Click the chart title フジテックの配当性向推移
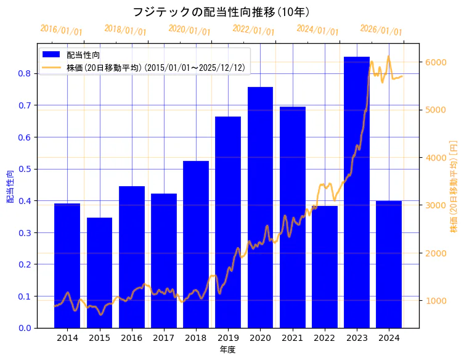click(221, 12)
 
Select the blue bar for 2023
click(357, 192)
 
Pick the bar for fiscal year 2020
click(260, 207)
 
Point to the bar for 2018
click(196, 244)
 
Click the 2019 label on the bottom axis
click(228, 338)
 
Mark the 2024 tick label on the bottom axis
click(389, 338)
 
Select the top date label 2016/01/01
click(60, 30)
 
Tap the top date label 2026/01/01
click(381, 30)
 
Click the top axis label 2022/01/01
click(253, 30)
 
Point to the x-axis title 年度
click(228, 350)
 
